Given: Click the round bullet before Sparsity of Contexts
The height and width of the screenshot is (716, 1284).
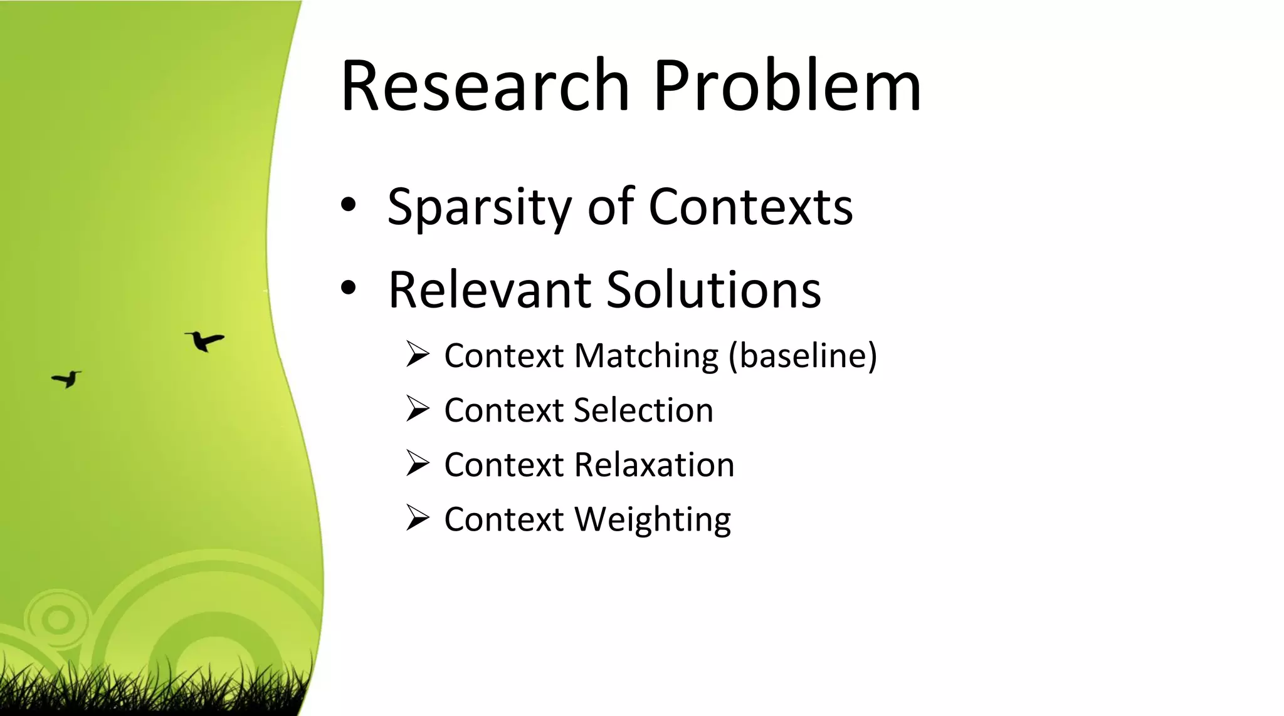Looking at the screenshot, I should [349, 205].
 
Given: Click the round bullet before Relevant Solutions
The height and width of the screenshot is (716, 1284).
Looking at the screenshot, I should [349, 288].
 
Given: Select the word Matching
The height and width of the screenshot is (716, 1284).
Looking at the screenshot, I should [646, 356].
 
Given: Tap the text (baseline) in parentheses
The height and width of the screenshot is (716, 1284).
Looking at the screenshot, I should [802, 356].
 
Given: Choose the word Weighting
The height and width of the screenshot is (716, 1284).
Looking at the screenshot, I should [653, 520].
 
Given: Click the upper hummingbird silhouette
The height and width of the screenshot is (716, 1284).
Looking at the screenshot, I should [204, 341].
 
